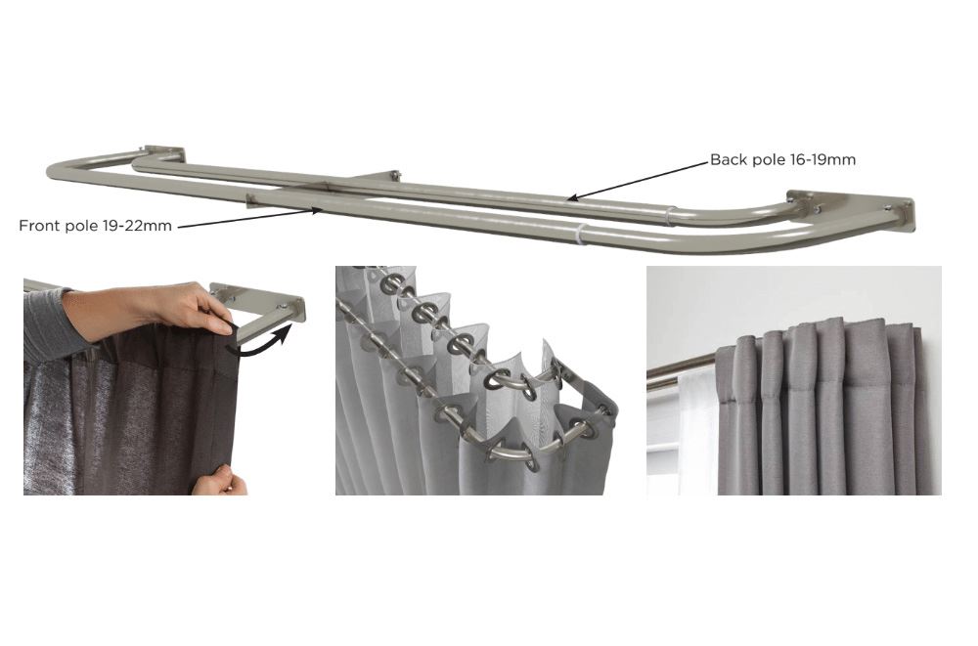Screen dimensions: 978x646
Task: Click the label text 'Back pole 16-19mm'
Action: (782, 160)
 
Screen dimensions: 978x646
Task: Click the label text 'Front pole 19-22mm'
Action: (96, 226)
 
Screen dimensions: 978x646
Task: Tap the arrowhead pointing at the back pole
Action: (573, 198)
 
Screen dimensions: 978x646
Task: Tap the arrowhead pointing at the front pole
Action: (316, 211)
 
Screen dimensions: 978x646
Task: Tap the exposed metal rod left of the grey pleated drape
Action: (681, 369)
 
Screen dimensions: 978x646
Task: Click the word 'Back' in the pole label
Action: (730, 159)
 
